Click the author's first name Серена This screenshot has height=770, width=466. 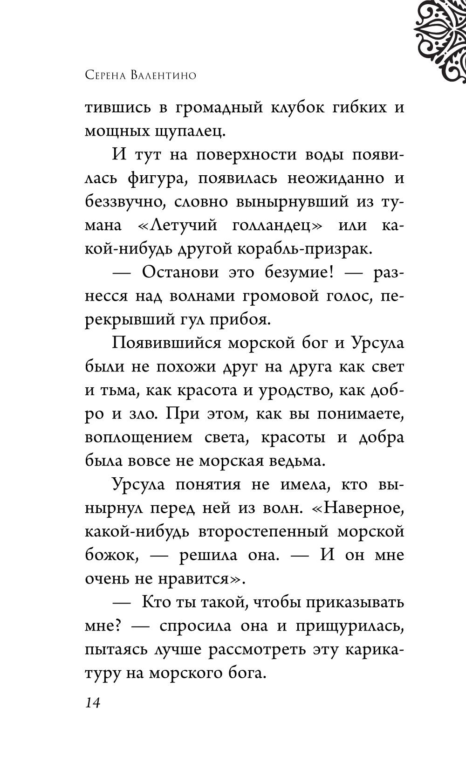click(109, 75)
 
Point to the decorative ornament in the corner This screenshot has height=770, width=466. click(440, 40)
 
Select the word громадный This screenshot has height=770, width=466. click(219, 108)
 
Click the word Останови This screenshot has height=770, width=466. click(178, 273)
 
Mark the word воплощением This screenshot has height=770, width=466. click(138, 438)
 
